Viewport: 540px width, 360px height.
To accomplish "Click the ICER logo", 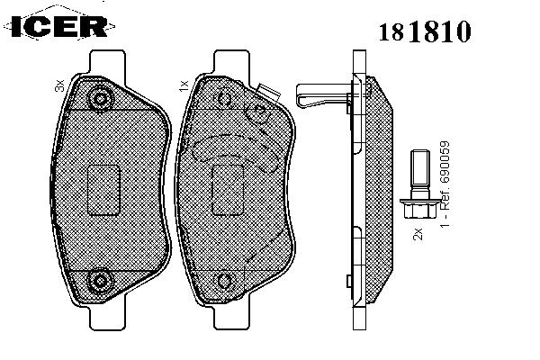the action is tap(59, 26).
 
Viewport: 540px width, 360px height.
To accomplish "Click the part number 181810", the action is tap(425, 31).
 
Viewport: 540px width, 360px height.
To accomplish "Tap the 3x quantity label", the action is tap(59, 85).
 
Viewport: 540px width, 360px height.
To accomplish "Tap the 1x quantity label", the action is tap(184, 85).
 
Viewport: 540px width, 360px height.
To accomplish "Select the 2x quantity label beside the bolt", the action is tap(418, 234).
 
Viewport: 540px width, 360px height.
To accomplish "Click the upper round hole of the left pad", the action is tap(100, 99).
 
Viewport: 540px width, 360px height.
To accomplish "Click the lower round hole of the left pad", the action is tap(100, 281).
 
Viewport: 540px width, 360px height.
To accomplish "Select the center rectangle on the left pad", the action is tap(103, 190).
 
